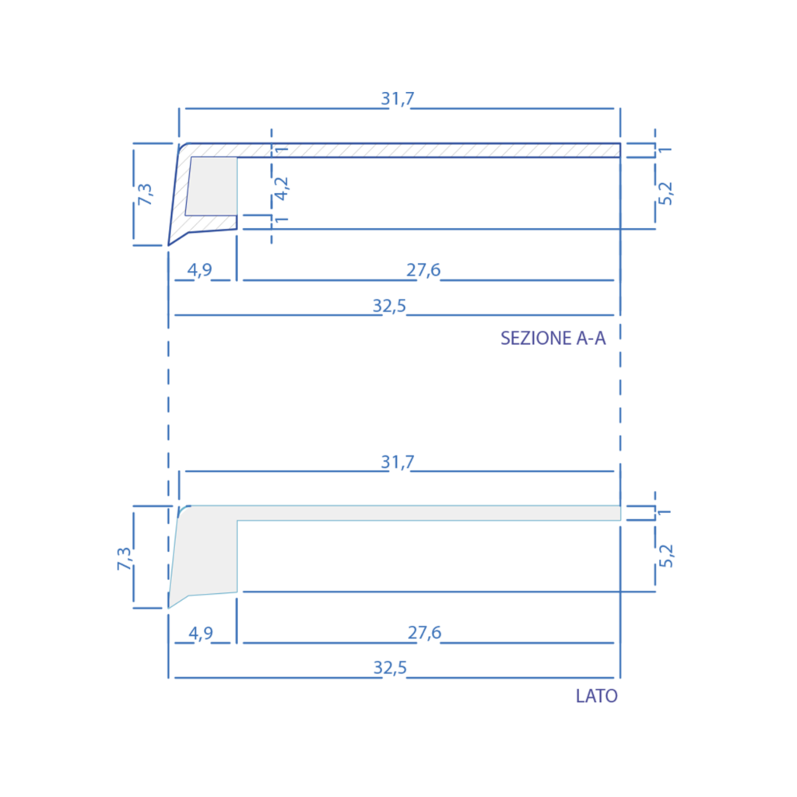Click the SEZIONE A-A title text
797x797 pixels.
click(x=553, y=338)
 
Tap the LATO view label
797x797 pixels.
click(x=597, y=696)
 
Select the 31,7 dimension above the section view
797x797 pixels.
click(x=398, y=99)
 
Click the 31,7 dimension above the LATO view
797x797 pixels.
click(x=398, y=462)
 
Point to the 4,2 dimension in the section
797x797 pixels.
click(x=281, y=188)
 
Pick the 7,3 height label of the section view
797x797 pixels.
click(x=145, y=194)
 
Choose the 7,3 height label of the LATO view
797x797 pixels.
click(x=124, y=558)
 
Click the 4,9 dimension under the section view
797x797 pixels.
click(x=200, y=270)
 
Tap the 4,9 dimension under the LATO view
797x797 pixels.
click(x=201, y=634)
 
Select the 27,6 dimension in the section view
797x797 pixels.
click(x=423, y=270)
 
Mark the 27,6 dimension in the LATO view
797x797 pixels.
click(x=424, y=633)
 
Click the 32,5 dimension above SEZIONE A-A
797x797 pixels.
click(x=389, y=306)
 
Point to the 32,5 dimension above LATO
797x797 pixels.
click(x=391, y=668)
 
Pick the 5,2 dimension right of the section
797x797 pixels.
click(x=665, y=194)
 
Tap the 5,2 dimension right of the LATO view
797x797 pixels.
click(x=665, y=556)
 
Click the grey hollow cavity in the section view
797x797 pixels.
click(x=212, y=186)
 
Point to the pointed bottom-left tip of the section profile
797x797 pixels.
click(x=168, y=245)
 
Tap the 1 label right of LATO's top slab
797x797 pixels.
click(x=665, y=512)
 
